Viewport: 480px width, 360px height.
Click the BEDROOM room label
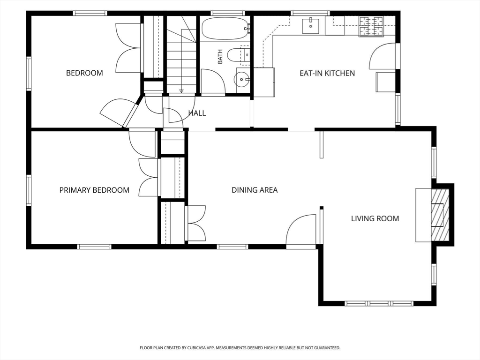click(x=84, y=73)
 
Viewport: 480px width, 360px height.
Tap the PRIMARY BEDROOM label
click(x=94, y=190)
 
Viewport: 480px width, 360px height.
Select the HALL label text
click(x=197, y=113)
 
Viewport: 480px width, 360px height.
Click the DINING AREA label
click(x=255, y=190)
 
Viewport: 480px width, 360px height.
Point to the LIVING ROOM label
click(x=375, y=218)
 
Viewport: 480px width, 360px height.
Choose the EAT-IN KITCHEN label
click(x=327, y=73)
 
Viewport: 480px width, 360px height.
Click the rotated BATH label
click(x=220, y=57)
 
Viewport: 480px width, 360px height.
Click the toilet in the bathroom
click(x=235, y=55)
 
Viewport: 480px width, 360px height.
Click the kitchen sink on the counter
click(x=311, y=26)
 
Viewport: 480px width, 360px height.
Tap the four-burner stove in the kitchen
click(x=371, y=26)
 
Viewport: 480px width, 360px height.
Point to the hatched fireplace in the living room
click(x=440, y=215)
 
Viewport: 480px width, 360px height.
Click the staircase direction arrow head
click(x=181, y=90)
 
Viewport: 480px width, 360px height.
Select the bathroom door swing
click(x=213, y=81)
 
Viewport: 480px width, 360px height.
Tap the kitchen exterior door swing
click(x=382, y=56)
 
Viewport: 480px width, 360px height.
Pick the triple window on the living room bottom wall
click(x=379, y=304)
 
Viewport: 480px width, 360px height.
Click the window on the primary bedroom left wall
click(x=29, y=190)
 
